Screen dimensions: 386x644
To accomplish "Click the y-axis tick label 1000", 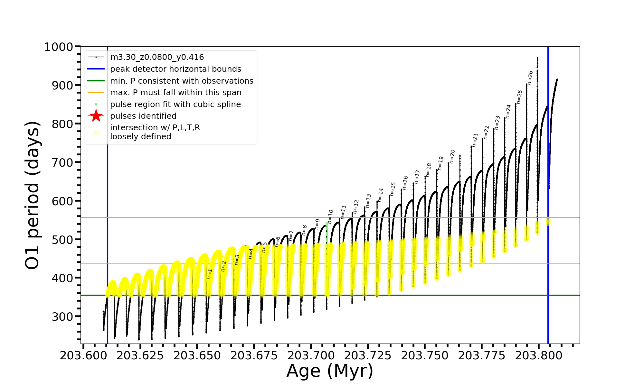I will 59,47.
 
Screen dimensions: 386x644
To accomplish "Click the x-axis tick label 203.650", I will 197,355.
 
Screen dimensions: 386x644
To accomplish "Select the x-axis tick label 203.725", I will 368,355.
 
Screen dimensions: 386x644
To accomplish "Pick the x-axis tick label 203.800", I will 539,355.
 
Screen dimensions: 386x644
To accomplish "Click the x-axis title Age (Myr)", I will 330,371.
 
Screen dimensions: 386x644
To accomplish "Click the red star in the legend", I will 96,116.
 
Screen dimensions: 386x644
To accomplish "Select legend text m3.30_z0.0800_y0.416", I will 157,57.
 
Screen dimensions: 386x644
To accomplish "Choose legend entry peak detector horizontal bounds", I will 175,69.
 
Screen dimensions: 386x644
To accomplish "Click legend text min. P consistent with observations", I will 182,81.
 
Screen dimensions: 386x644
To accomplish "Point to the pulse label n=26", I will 530,78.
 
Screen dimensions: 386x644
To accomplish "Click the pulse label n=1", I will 210,274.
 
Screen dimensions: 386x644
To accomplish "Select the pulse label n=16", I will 405,183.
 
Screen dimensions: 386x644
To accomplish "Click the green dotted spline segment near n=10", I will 327,232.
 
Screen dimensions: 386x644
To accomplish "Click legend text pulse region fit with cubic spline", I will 175,105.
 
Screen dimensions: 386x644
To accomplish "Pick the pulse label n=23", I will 497,123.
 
